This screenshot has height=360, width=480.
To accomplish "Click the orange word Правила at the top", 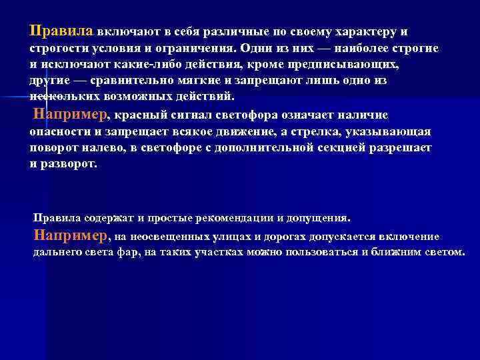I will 63,31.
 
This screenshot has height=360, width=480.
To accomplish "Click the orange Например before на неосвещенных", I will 71,235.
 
